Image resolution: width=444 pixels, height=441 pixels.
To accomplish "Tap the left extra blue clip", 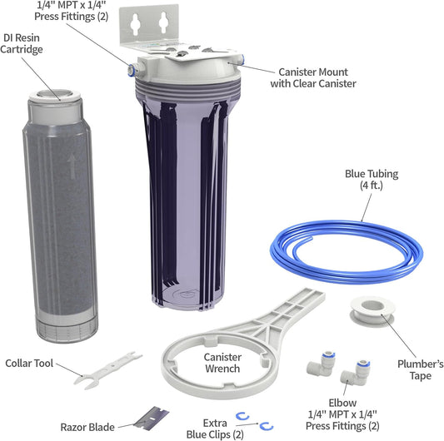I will [x=242, y=418].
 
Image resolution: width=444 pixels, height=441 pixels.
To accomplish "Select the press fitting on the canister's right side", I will [x=242, y=61].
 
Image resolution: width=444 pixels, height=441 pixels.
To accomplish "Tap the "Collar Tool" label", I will [x=31, y=363].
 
